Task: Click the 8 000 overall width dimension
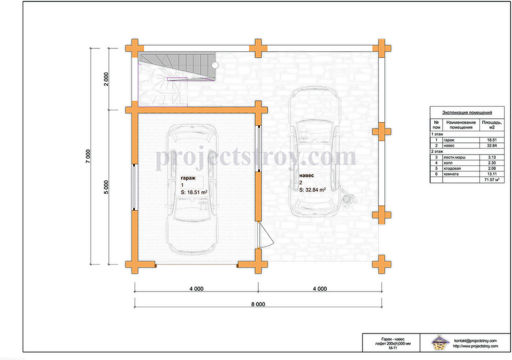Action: coord(258,304)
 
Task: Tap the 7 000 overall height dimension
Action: coord(88,156)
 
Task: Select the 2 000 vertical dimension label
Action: coord(106,79)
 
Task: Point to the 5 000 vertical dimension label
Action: coord(106,187)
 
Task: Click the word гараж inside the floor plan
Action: coord(188,178)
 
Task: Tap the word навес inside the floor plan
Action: coord(307,176)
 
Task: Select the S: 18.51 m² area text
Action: coord(194,192)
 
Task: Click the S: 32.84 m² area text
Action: coord(312,190)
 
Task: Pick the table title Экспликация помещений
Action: coord(467,112)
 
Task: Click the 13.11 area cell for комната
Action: coord(492,174)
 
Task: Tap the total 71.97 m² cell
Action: coord(492,180)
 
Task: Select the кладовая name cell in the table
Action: coord(452,168)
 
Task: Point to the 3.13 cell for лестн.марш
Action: coord(492,157)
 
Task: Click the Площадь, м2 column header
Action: coord(492,125)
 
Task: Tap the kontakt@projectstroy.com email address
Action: coord(475,341)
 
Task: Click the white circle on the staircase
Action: coord(215,65)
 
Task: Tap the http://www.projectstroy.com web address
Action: coord(475,346)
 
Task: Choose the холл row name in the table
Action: coord(448,163)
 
